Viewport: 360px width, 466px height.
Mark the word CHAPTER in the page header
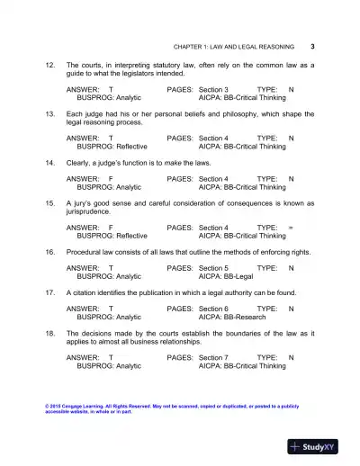pyautogui.click(x=188, y=47)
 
